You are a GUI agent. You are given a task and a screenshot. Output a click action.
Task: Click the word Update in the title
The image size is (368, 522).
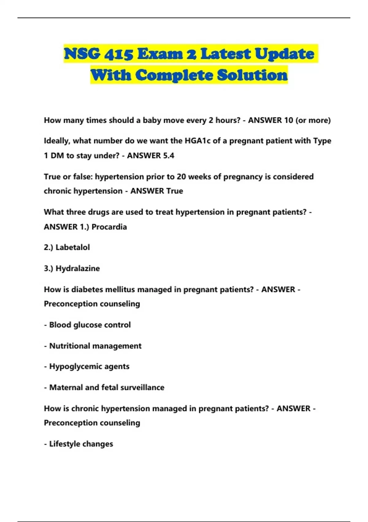(x=284, y=54)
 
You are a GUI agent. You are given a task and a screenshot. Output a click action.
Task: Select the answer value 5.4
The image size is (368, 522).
(x=168, y=156)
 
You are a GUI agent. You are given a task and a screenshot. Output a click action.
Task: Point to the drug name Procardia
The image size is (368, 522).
(x=109, y=227)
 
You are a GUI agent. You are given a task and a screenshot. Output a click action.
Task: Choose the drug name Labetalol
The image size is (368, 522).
(x=73, y=247)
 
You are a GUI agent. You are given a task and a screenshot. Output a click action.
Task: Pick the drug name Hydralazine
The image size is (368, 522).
(x=78, y=268)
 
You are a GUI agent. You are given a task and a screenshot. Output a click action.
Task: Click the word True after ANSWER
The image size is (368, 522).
(x=174, y=191)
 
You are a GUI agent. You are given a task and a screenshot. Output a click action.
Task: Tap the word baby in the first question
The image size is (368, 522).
(x=152, y=120)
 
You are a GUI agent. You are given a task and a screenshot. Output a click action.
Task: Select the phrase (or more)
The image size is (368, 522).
(x=313, y=120)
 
